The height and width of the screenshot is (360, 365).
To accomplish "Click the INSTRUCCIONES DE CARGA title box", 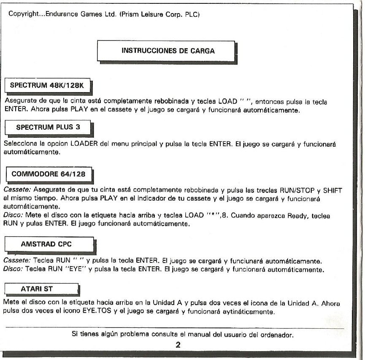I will coord(168,51).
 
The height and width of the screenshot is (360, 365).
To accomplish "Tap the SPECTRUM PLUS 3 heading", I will coord(47,127).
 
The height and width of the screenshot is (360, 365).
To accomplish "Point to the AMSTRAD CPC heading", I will coord(47,244).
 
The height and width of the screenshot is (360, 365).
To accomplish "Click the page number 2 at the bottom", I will coord(178,345).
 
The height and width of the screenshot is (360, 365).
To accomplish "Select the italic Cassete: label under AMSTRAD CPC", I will coord(15,262).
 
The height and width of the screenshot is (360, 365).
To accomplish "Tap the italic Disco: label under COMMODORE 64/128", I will coord(12,216).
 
